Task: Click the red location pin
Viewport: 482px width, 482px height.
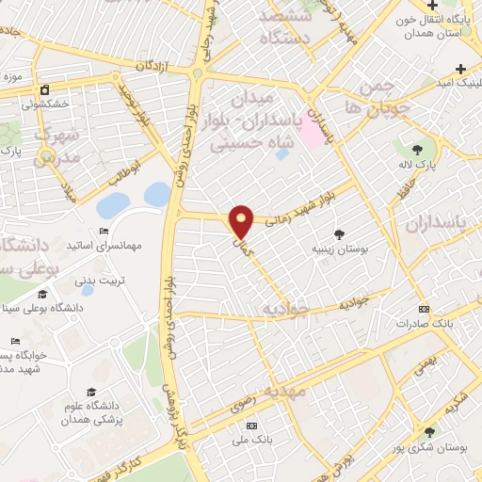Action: tap(242, 220)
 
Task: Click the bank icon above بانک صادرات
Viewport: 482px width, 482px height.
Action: tap(423, 308)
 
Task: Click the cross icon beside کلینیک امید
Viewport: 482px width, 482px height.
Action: tap(460, 69)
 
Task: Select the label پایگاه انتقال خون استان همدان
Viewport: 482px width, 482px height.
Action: tap(437, 26)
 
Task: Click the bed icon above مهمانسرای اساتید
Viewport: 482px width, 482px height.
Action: tap(104, 232)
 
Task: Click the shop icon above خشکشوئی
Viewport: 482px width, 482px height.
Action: tap(43, 90)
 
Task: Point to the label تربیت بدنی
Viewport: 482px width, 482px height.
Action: tap(99, 280)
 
